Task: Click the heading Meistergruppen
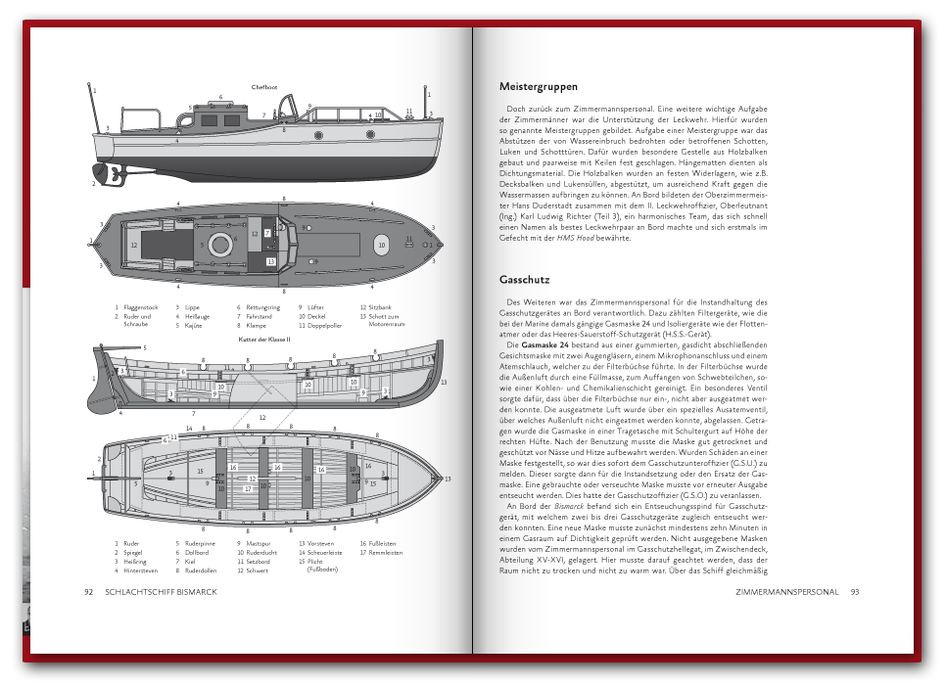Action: [x=538, y=87]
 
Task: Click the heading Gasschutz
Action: [x=524, y=280]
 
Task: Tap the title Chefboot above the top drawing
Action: [x=264, y=87]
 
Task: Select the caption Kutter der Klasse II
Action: [x=264, y=339]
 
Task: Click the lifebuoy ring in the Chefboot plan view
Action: [x=220, y=244]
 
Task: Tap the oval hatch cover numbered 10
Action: [x=381, y=246]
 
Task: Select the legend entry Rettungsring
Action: [x=261, y=307]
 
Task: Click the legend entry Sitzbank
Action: [x=381, y=307]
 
